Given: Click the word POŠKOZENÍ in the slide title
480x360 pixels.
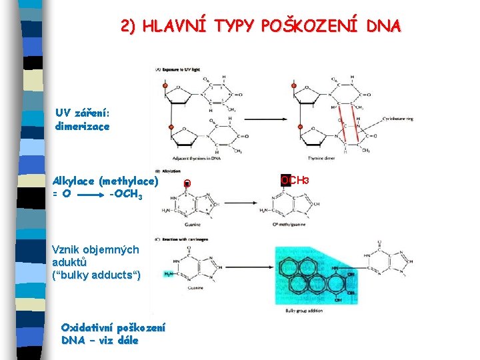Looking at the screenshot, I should pos(313,26).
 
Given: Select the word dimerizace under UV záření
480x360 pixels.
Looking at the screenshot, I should pos(83,125).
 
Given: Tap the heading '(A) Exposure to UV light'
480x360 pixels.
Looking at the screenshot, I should pos(178,69).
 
